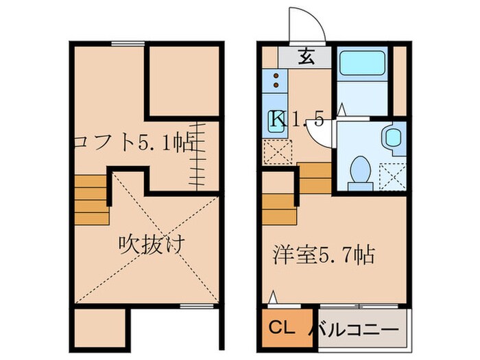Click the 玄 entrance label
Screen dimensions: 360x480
[x=306, y=57]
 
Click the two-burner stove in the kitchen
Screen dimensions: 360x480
[x=276, y=80]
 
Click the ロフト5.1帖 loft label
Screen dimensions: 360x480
[x=134, y=144]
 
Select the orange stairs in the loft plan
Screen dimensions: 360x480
[x=92, y=200]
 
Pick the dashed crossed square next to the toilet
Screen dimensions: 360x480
[x=393, y=176]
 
